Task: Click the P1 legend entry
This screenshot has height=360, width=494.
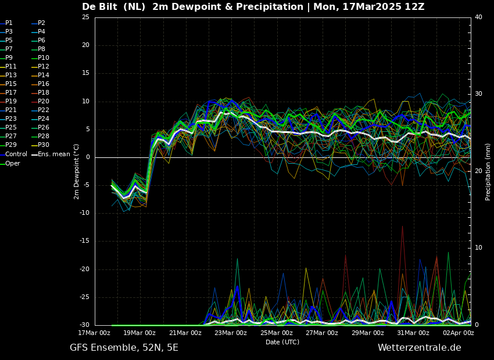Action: click(x=9, y=23)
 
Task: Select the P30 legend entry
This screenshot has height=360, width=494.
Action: click(x=43, y=145)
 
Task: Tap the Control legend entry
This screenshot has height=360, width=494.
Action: click(x=16, y=154)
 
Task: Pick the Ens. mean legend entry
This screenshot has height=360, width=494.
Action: click(x=54, y=154)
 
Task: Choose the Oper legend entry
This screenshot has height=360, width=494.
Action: click(x=13, y=164)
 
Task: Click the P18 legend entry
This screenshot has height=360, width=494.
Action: click(x=43, y=93)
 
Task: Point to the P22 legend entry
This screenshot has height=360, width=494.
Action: click(x=43, y=110)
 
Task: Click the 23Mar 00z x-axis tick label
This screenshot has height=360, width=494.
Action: click(x=231, y=333)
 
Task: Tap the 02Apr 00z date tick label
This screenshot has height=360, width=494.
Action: click(x=459, y=333)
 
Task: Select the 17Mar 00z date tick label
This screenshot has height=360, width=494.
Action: click(x=95, y=333)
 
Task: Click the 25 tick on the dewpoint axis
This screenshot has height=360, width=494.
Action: click(x=85, y=17)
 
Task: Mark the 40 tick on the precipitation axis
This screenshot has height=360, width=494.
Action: click(x=478, y=17)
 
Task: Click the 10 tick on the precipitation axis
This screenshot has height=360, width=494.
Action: click(x=478, y=248)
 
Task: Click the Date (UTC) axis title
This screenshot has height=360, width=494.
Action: click(x=282, y=342)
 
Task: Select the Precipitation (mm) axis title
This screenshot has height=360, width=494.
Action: click(x=488, y=172)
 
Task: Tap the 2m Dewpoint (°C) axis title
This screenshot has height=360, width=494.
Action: click(x=77, y=171)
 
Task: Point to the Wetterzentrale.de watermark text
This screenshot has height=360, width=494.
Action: click(x=419, y=348)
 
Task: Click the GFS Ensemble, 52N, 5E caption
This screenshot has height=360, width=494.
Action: click(x=124, y=348)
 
